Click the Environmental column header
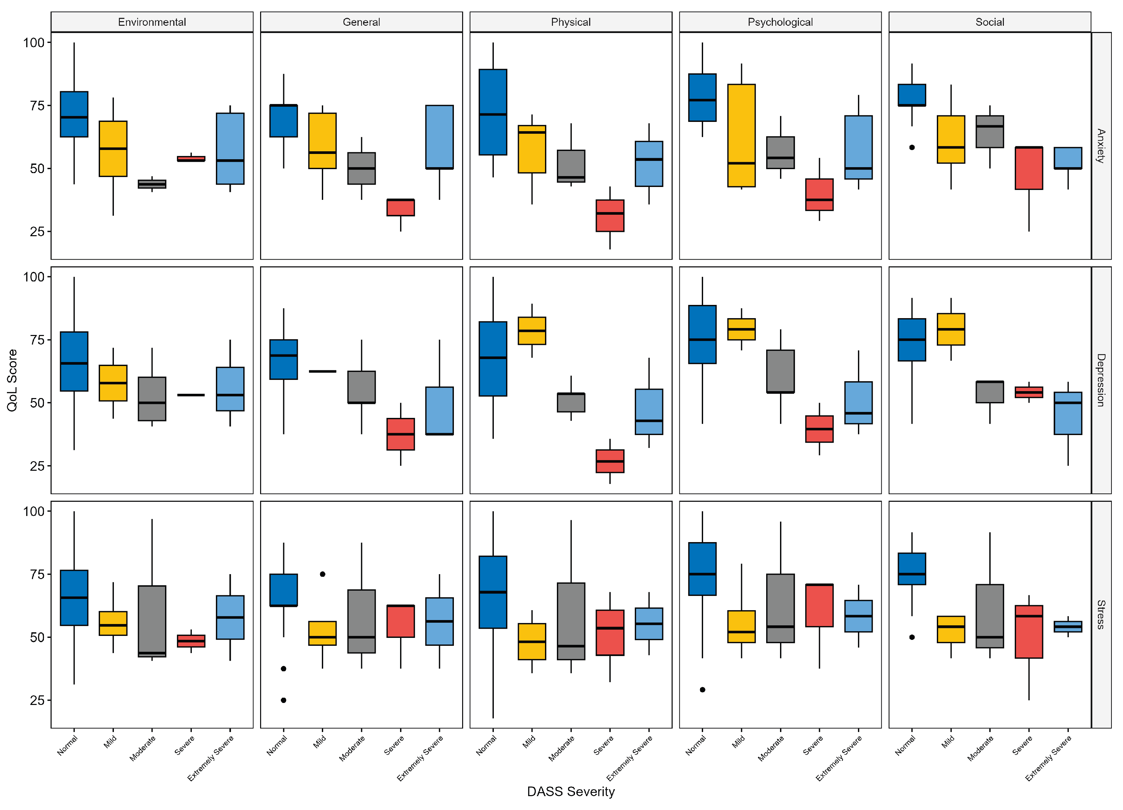(152, 22)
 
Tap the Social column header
(989, 22)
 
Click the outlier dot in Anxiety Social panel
(912, 147)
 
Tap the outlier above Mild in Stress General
(322, 574)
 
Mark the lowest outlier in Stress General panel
(283, 700)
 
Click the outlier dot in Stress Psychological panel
(702, 690)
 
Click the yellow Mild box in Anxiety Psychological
(741, 135)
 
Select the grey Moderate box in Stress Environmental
(152, 621)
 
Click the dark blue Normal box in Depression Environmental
(74, 361)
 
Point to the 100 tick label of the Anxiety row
(34, 43)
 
